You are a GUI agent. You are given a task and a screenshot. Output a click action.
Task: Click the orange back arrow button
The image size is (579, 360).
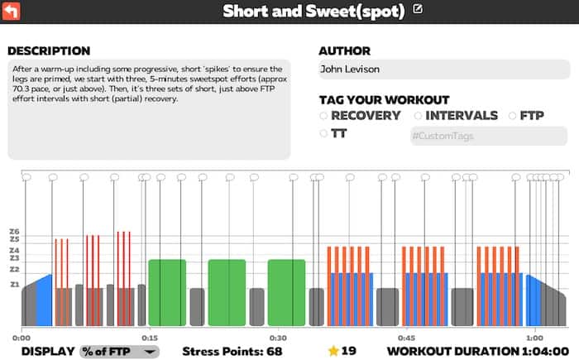point(13,11)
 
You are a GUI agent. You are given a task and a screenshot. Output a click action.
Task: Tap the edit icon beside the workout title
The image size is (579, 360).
point(418,10)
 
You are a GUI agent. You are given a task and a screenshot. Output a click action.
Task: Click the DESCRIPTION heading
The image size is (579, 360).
point(49,50)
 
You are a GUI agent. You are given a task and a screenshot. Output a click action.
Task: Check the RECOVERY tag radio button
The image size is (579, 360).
point(323,116)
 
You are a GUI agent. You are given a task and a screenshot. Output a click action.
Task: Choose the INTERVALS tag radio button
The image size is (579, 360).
point(419,116)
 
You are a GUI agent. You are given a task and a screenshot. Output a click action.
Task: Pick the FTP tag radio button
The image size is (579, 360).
point(513,116)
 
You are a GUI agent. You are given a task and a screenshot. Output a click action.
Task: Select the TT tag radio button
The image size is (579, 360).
point(323,133)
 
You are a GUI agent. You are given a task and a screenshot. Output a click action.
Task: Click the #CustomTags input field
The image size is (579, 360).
point(488,136)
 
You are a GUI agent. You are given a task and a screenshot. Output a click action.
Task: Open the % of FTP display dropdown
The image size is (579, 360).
point(119,351)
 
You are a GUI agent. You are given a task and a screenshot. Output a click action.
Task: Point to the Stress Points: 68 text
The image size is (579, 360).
point(232,351)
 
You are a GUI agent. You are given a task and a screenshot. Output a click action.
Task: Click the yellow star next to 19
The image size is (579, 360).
point(333,351)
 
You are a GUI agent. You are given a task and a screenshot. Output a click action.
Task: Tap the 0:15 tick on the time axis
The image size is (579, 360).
point(150,338)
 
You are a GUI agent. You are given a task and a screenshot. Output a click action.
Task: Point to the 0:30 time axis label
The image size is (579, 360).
point(278,338)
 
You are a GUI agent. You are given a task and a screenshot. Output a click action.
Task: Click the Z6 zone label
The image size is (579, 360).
point(14,232)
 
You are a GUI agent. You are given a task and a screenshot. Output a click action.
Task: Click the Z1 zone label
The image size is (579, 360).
point(14,285)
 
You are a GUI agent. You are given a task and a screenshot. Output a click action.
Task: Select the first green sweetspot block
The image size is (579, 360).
point(167,292)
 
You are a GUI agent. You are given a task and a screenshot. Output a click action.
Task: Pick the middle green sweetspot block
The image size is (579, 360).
point(227,292)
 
